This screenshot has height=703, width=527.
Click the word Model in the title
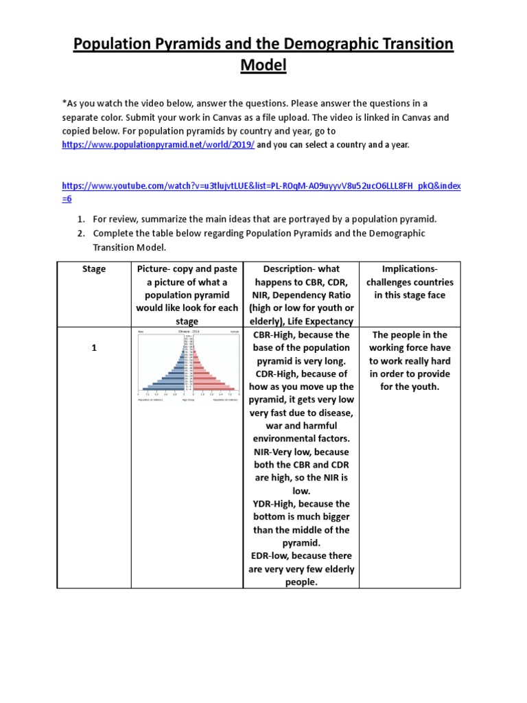coord(263,67)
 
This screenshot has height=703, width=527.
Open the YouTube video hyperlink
coord(261,186)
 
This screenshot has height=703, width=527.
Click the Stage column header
coord(94,269)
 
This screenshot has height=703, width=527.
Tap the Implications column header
coord(410,281)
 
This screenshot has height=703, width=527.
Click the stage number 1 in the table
coord(94,349)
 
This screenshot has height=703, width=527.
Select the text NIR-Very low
coord(282,452)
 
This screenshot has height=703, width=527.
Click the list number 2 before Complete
coord(80,233)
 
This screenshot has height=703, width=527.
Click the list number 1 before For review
coord(80,219)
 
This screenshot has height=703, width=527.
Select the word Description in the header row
coord(290,268)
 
